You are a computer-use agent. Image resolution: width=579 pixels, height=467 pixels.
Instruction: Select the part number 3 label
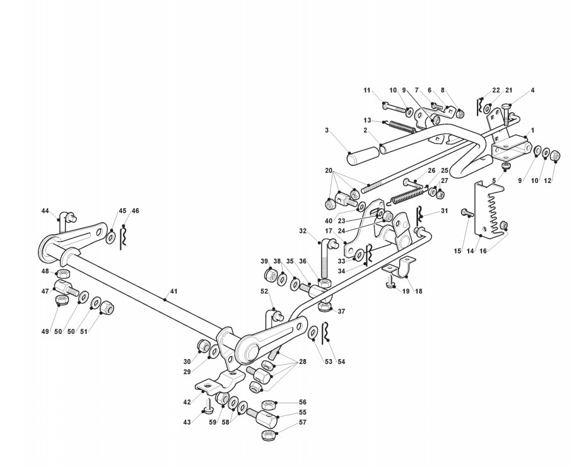click(327, 130)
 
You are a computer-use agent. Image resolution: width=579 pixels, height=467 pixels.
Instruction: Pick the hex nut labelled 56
click(267, 405)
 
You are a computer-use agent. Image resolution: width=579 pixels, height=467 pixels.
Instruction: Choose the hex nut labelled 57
click(267, 435)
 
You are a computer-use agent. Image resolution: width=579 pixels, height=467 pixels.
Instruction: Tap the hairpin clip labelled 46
click(124, 234)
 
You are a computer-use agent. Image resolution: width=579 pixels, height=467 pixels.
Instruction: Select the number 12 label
click(547, 180)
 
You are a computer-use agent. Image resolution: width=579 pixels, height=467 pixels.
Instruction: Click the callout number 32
click(303, 231)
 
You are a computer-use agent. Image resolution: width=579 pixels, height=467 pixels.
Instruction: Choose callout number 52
click(264, 291)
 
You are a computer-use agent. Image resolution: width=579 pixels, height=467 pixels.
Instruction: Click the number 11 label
click(367, 90)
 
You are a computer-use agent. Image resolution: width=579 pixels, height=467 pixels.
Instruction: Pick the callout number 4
click(532, 90)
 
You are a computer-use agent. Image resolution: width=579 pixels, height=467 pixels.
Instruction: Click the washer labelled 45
click(110, 237)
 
